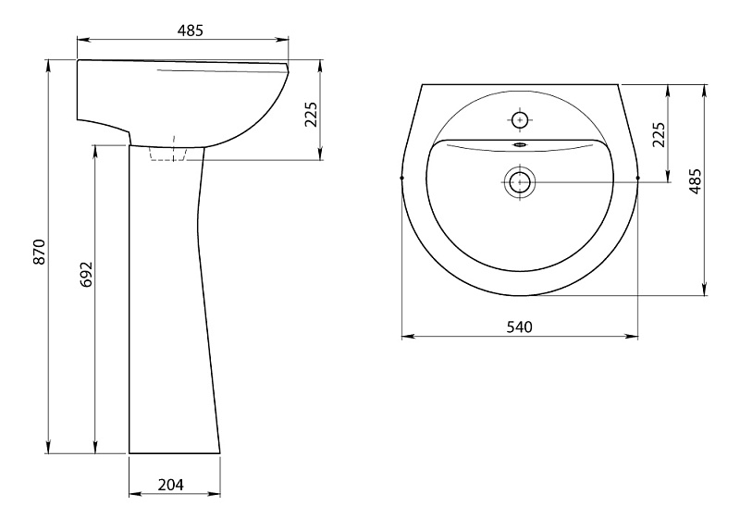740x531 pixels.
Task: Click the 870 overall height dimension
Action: [x=40, y=252]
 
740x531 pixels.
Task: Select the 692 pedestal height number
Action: [x=87, y=274]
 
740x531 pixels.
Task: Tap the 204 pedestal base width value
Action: [x=171, y=485]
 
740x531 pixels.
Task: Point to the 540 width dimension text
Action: [x=520, y=327]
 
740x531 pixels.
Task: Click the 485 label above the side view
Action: [x=191, y=31]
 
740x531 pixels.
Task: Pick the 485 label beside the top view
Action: [x=696, y=181]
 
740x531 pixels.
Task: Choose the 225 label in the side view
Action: [x=311, y=115]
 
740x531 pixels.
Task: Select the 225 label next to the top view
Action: [x=659, y=134]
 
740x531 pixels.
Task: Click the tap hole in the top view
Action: [x=520, y=120]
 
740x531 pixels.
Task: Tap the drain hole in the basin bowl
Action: [x=520, y=181]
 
